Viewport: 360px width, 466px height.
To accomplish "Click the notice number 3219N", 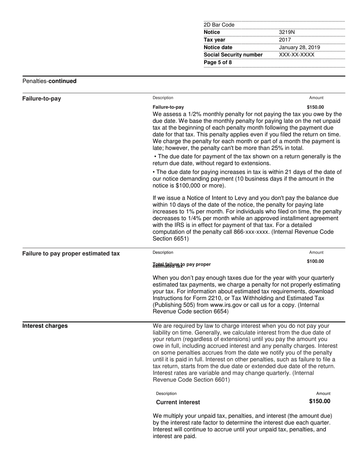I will click(286, 32).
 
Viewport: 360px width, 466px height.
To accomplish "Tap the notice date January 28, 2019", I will click(299, 47).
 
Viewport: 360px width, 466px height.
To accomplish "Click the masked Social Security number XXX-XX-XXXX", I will click(297, 55).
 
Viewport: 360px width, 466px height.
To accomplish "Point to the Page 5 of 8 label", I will click(218, 63).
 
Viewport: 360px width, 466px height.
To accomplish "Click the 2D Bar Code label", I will click(219, 25).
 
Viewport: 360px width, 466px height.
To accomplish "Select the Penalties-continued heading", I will click(49, 81).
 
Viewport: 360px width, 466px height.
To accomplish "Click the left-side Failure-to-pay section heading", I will click(42, 99).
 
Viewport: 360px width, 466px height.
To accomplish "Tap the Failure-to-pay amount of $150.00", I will click(315, 107).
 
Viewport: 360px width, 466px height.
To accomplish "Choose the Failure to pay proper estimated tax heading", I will click(71, 253).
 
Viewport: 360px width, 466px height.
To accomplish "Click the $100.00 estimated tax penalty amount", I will click(315, 261).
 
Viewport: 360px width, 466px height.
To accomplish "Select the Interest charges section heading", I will click(45, 326).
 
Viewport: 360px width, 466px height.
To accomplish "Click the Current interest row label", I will click(178, 402).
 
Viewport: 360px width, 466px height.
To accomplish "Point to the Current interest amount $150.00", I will click(319, 402).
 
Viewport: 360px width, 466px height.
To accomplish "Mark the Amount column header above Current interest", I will click(323, 394).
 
